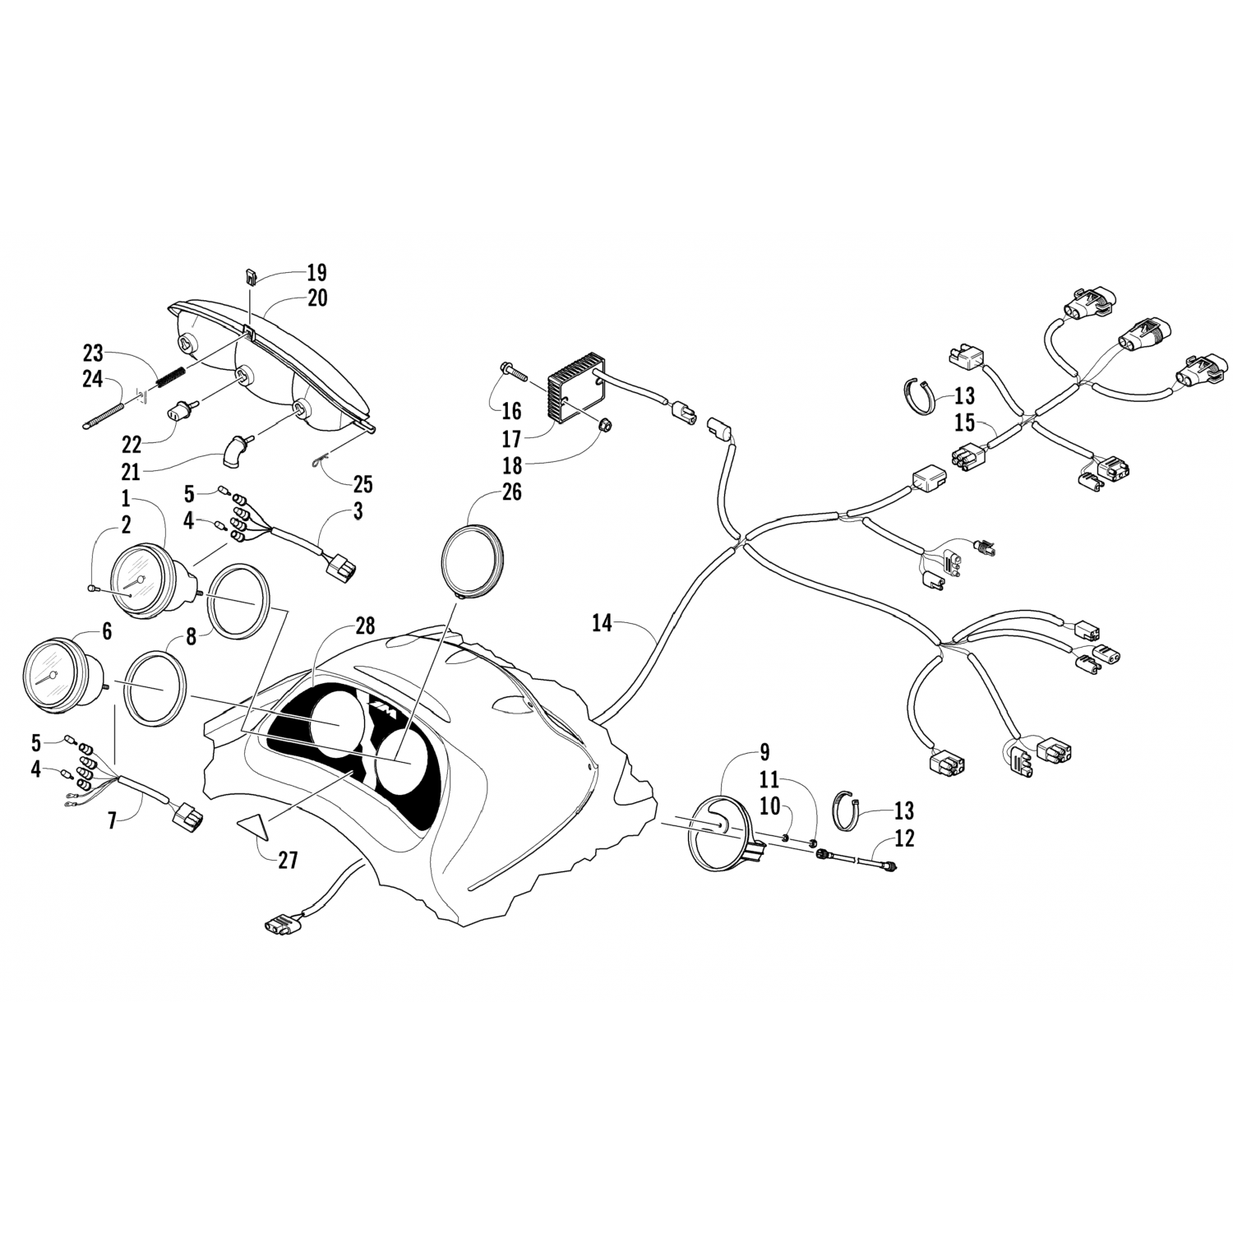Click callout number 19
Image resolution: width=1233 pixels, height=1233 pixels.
[x=316, y=272]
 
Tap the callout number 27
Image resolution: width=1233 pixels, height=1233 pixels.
[x=287, y=861]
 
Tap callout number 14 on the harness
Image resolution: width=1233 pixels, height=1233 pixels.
[x=602, y=624]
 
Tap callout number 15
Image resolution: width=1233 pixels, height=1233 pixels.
[x=965, y=423]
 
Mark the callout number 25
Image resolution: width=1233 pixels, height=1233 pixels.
[x=363, y=484]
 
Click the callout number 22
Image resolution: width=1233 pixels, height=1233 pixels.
[x=131, y=444]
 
